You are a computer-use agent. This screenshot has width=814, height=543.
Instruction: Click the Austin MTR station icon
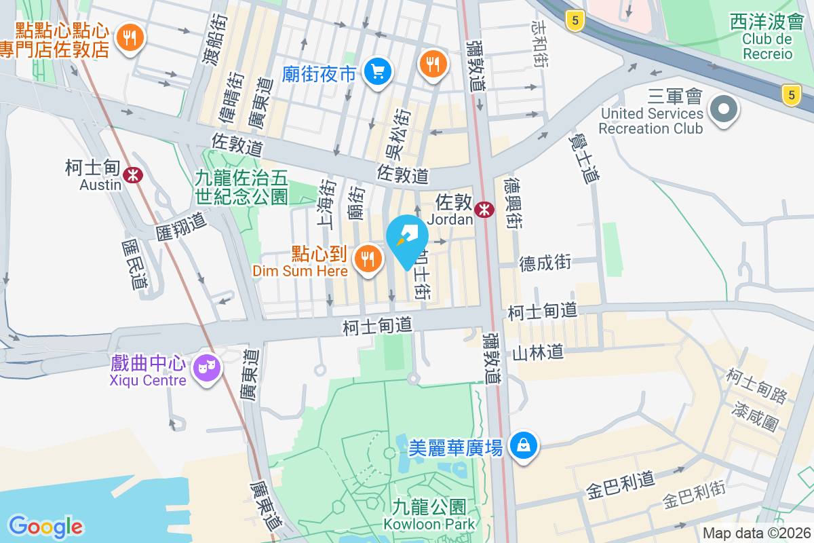point(134,174)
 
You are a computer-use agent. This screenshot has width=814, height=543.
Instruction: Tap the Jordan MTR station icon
point(484,210)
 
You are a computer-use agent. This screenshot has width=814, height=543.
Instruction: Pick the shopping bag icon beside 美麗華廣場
point(524,446)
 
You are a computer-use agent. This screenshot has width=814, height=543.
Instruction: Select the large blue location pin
point(407,238)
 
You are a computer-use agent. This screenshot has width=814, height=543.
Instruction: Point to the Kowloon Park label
point(429,523)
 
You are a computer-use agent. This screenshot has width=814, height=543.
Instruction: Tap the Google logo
point(45,526)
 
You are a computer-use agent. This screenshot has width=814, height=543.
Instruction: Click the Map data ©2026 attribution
point(756,533)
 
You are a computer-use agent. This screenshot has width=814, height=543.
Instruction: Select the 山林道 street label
point(538,352)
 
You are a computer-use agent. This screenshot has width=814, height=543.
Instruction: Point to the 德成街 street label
point(545,262)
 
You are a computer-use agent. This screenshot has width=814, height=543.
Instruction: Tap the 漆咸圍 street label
point(755,414)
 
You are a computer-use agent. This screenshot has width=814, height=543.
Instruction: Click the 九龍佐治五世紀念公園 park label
point(241,187)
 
